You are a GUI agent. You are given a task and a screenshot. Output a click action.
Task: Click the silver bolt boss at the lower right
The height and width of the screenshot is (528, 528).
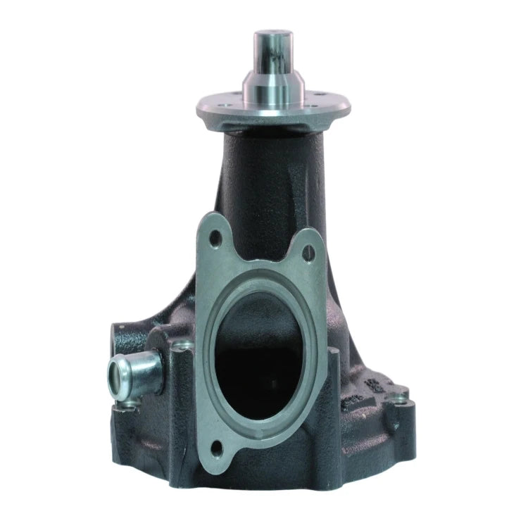[403, 401]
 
